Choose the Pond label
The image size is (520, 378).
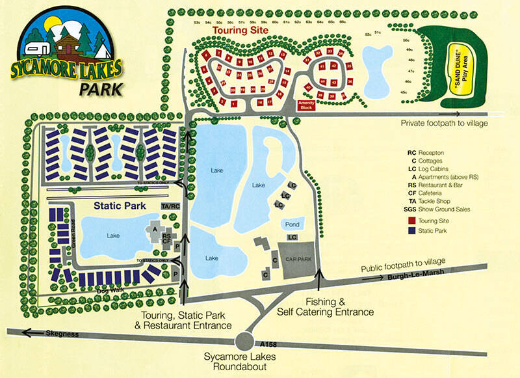[x=291, y=224]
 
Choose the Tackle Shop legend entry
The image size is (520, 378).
[x=435, y=201]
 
